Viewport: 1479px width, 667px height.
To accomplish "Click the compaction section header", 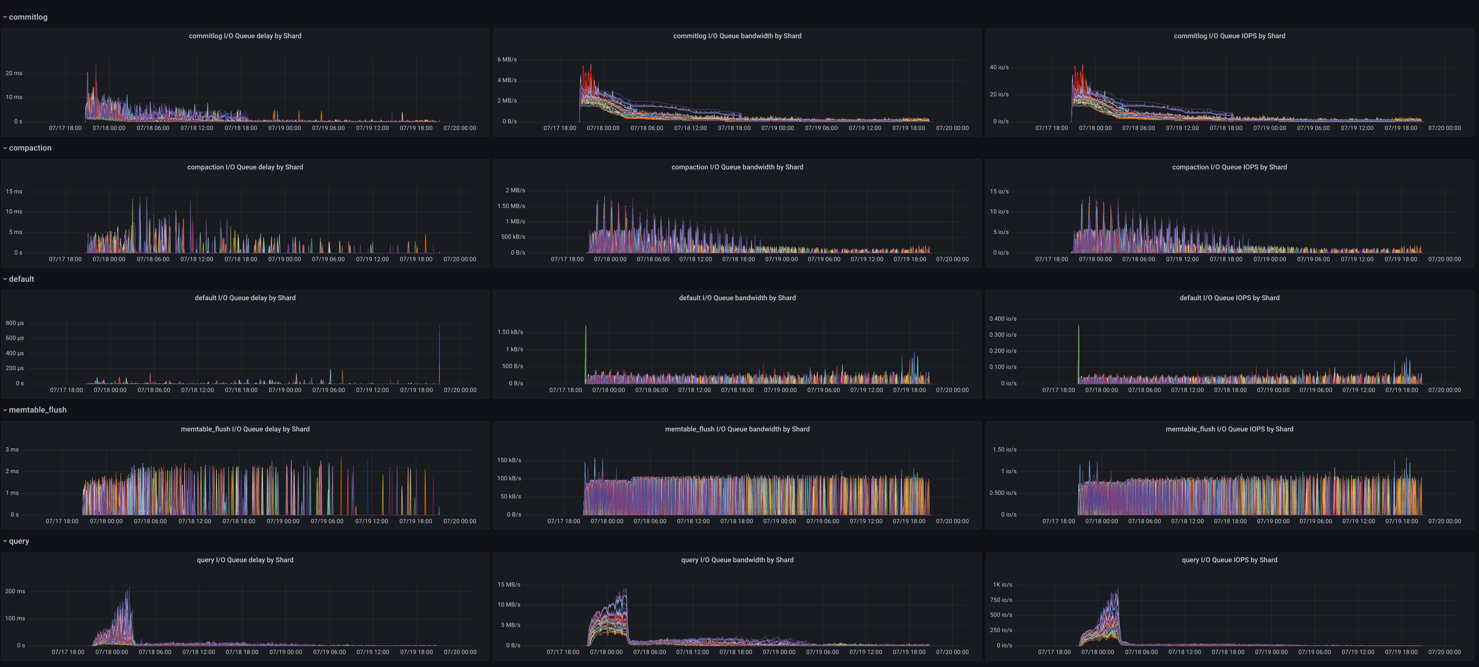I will [x=30, y=148].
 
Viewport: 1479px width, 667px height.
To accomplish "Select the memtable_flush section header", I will [x=37, y=410].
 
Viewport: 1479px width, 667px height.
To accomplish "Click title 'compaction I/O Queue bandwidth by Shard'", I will [x=737, y=167].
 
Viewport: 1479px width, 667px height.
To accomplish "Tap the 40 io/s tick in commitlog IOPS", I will [x=999, y=68].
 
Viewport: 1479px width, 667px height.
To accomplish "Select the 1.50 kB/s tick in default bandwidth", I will [x=510, y=333].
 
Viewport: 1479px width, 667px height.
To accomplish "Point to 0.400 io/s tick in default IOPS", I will [x=1003, y=319].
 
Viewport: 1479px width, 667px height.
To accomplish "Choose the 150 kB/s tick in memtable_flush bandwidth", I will [x=509, y=461].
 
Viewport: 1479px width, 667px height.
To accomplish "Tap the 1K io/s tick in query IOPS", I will [x=1003, y=585].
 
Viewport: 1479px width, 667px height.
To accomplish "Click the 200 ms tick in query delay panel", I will [x=15, y=592].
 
